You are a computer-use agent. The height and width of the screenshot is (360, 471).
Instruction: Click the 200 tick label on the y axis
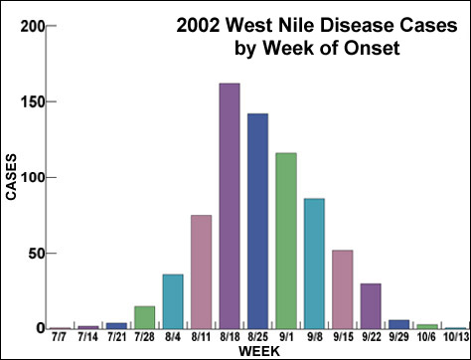[x=32, y=27]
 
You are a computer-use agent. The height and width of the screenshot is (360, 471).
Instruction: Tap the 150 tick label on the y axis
[x=32, y=102]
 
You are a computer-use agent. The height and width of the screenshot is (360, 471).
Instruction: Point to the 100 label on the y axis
[x=32, y=178]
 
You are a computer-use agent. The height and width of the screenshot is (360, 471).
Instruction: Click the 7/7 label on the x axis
[x=60, y=340]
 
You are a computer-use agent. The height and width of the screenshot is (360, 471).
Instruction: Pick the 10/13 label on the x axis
[x=456, y=340]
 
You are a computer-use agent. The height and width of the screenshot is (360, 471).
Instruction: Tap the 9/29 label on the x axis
[x=399, y=340]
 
